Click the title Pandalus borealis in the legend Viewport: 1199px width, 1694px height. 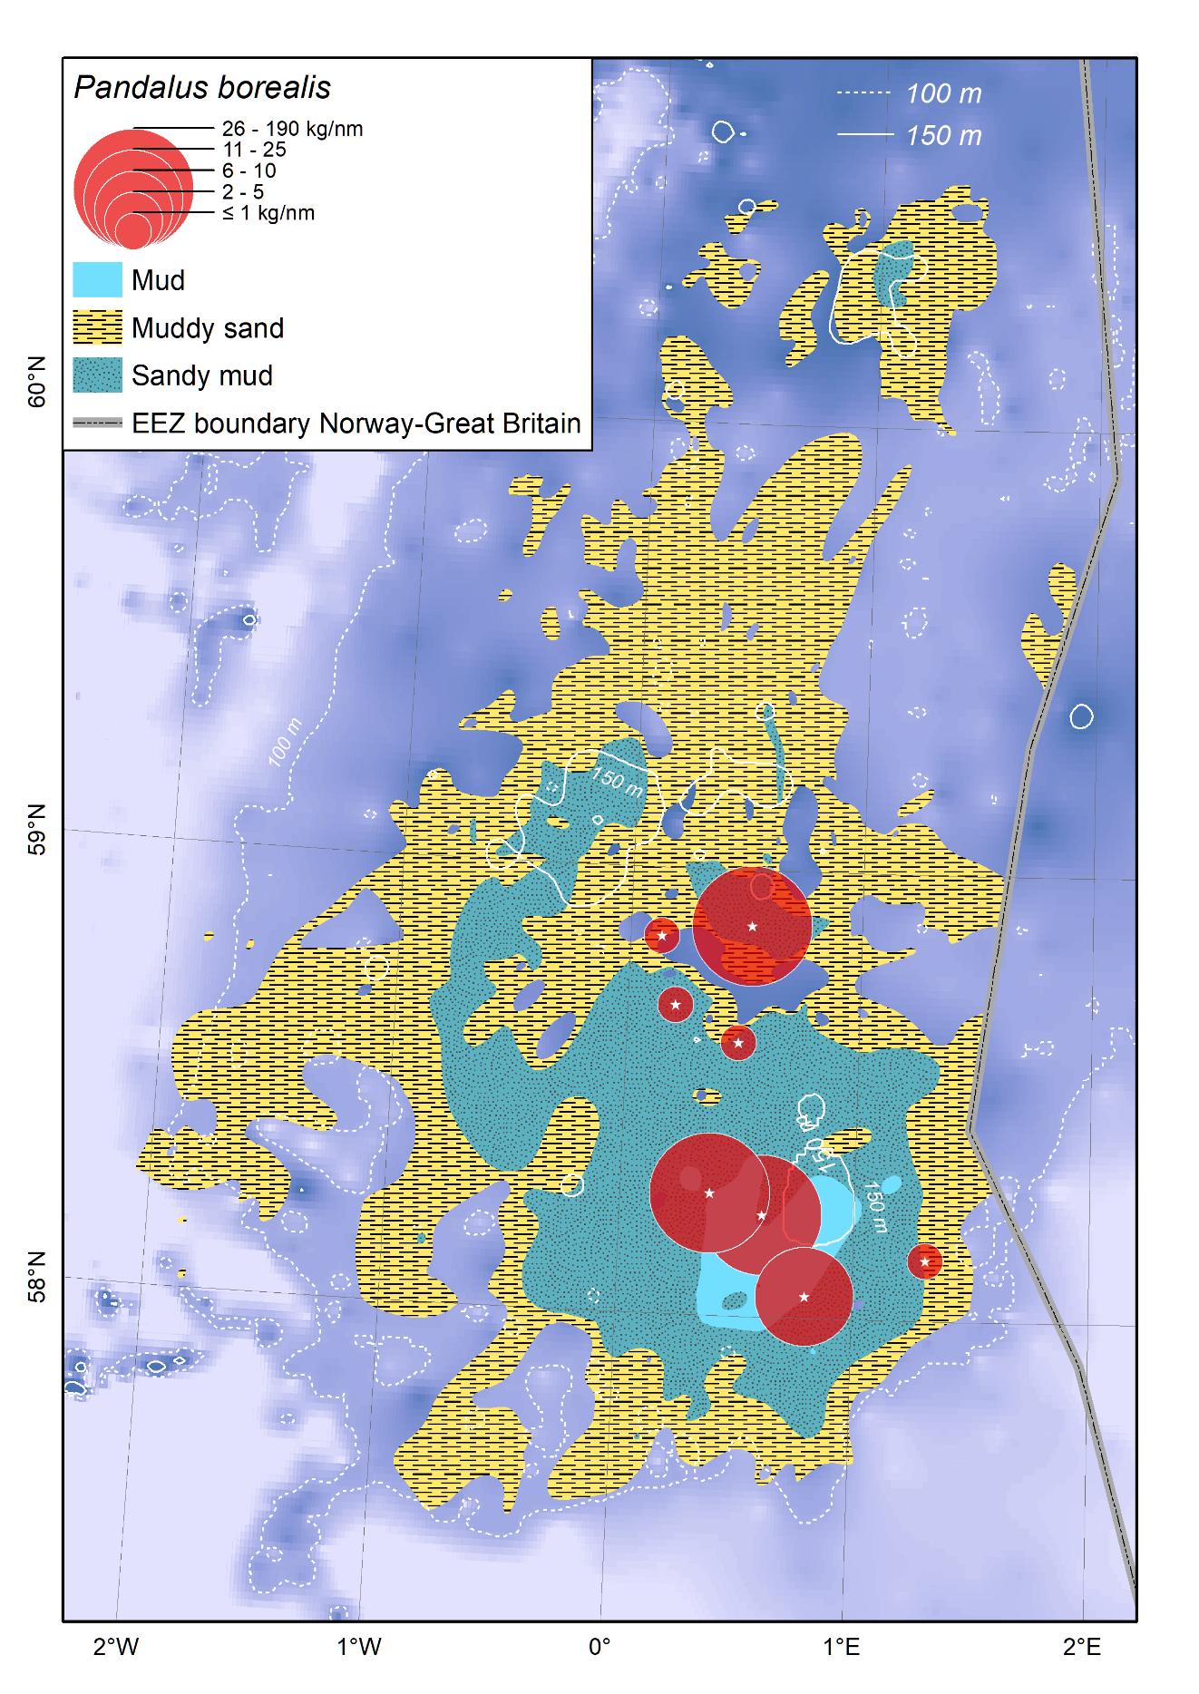[x=201, y=88]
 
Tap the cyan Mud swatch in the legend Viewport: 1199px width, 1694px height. [x=97, y=280]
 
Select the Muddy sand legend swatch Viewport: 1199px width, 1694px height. [x=97, y=327]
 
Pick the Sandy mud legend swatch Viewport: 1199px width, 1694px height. [x=97, y=375]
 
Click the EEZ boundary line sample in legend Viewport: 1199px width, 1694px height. [x=97, y=423]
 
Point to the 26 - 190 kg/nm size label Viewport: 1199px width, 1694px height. [x=292, y=129]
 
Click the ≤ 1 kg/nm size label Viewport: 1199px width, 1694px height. [x=268, y=214]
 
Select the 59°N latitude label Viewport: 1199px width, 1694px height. [x=37, y=828]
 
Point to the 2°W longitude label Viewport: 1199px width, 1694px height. [x=116, y=1646]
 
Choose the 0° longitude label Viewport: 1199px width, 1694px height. [x=599, y=1646]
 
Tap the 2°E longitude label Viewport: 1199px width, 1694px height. [x=1083, y=1646]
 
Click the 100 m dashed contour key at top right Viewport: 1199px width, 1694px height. [x=943, y=93]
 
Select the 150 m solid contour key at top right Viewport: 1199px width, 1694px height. [x=943, y=136]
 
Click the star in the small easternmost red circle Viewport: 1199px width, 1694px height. [x=924, y=1261]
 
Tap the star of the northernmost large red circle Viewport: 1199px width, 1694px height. [x=752, y=926]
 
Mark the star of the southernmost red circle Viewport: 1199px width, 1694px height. [x=804, y=1297]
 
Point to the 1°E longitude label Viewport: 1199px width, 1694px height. [x=842, y=1646]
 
